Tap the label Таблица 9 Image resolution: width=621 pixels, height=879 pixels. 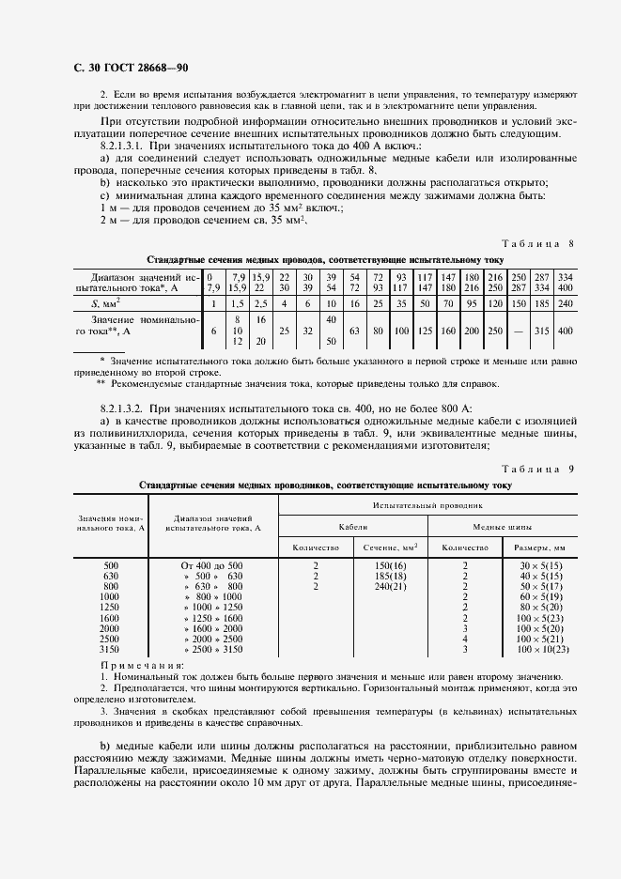click(543, 469)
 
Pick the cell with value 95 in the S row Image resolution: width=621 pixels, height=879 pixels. click(472, 303)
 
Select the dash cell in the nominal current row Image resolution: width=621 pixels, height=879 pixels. click(518, 331)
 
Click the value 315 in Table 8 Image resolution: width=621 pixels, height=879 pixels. click(541, 331)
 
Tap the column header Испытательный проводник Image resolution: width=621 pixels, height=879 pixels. click(428, 505)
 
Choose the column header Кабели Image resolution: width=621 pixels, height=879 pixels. click(353, 527)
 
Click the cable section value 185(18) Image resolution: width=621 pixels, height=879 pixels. click(390, 576)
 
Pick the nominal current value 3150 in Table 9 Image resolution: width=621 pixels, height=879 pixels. click(110, 649)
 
